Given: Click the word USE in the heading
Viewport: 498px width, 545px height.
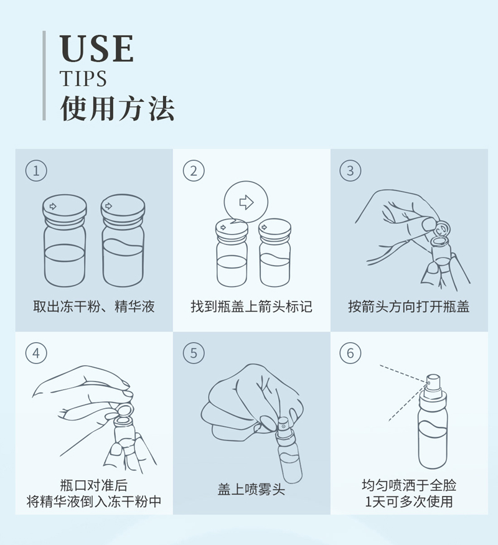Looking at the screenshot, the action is point(96,49).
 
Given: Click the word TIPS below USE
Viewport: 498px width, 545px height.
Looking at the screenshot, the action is point(83,78).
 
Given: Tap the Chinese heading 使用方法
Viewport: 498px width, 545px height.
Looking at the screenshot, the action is point(118,109).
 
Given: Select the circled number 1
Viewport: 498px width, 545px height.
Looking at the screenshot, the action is point(36,170).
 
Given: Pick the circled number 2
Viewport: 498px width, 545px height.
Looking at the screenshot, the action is point(194,170).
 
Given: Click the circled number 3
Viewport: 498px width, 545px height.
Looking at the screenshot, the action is point(350,170).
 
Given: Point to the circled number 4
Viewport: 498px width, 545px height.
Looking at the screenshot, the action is point(36,353).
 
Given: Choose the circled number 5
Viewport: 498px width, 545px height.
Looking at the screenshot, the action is point(194,353).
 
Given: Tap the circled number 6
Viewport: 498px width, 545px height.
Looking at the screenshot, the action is point(350,353).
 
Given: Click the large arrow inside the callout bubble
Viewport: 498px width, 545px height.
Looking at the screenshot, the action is point(247,202).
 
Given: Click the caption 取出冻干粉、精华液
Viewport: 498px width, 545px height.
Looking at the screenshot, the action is point(94,307).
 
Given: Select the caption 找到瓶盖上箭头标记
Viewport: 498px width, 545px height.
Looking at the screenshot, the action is point(251,307).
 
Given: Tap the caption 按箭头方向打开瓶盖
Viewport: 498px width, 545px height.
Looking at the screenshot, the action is point(409,307).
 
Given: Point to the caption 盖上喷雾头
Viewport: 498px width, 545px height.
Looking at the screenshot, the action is point(251,490).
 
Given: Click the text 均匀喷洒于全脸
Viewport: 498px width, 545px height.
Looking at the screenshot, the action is point(409,485).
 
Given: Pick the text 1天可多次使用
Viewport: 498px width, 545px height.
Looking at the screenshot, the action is point(409,501).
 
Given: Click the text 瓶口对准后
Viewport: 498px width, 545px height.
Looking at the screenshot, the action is point(94,485).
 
